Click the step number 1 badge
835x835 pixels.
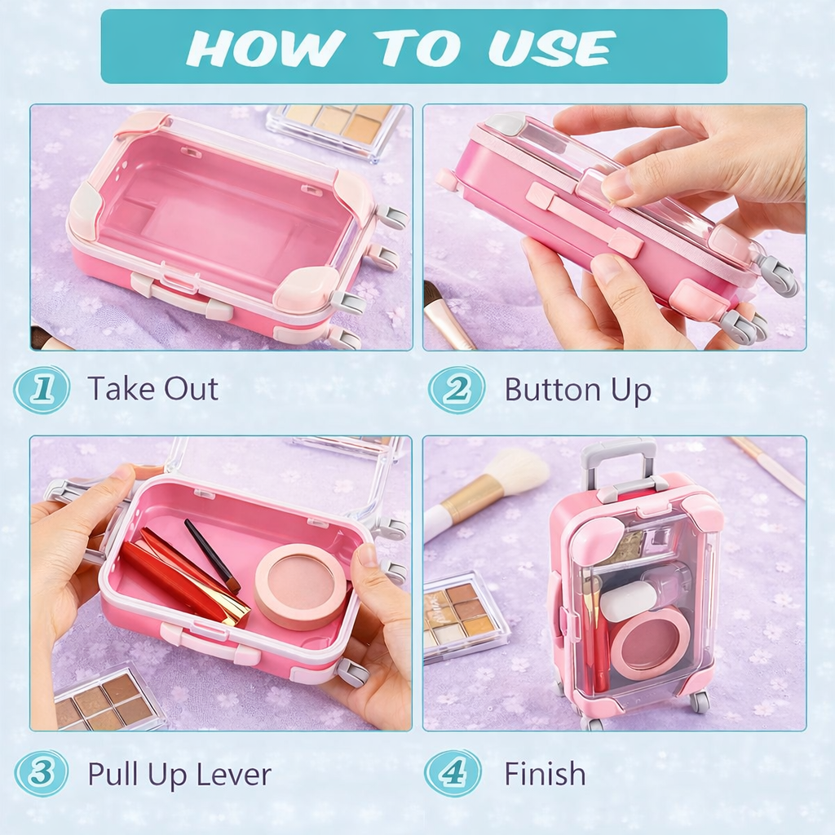(42, 389)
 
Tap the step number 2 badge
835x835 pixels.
(457, 389)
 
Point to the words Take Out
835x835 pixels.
(152, 388)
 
